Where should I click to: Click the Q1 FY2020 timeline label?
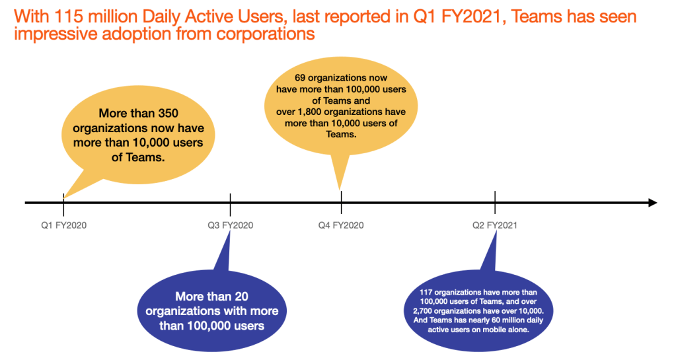click(63, 225)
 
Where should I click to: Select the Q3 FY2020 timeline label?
click(230, 225)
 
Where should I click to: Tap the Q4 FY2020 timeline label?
click(341, 225)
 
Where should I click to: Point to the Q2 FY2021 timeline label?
click(494, 225)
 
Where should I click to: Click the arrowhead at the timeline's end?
click(652, 202)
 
